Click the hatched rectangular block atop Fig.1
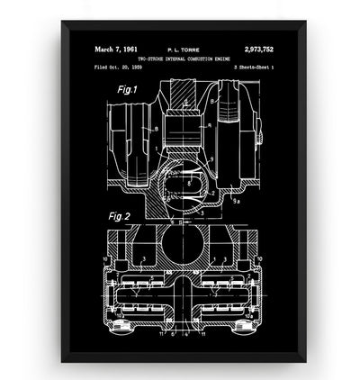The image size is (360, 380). [184, 94]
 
